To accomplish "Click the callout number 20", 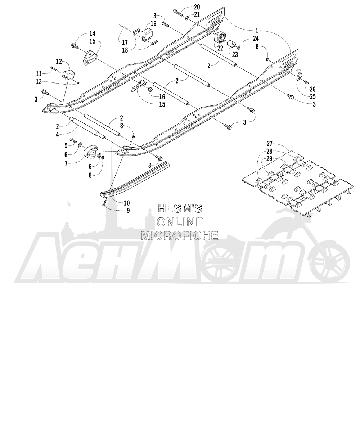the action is (197, 7).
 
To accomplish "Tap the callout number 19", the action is (153, 24).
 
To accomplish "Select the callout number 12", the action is (59, 62).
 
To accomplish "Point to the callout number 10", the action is (127, 203).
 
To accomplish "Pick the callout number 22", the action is (220, 48).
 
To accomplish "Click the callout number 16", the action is (162, 96).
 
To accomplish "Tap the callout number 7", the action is (66, 163).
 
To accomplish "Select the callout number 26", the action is (312, 89).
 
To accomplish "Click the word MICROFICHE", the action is (180, 235).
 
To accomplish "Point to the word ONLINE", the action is (180, 222).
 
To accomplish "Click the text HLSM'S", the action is (180, 208).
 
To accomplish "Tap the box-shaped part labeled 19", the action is (147, 35).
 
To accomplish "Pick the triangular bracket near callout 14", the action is (89, 57).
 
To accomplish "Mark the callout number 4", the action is (57, 135).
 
